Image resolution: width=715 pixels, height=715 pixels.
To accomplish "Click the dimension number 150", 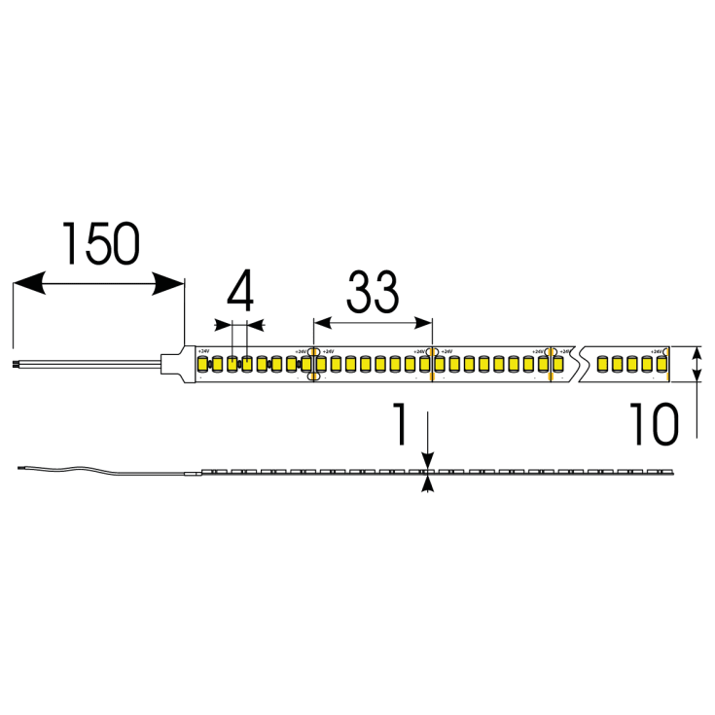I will (101, 244).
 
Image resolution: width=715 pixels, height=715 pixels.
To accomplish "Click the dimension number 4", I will (239, 291).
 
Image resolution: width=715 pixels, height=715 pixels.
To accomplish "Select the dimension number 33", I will (372, 291).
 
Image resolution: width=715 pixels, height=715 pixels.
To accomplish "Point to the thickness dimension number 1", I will (399, 426).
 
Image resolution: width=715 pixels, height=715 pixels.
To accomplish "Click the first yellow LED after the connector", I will (204, 365).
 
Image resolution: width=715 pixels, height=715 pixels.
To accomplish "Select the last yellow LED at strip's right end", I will (661, 365).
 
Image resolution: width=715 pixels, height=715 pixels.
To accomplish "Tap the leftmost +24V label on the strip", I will (203, 350).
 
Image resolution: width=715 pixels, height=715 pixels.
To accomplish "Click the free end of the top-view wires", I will (17, 365).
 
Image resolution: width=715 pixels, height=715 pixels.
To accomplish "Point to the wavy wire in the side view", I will (97, 473).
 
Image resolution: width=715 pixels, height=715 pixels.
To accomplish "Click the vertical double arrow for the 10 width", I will (697, 365).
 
